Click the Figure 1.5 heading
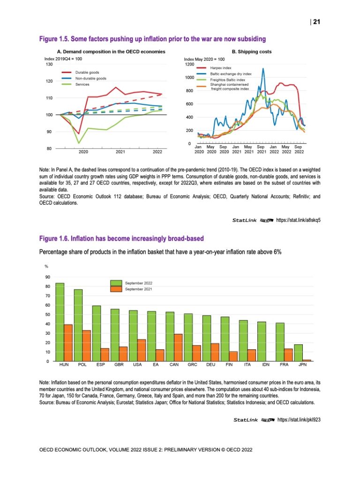click(152, 38)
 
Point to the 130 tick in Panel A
click(48, 64)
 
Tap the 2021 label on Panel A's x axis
click(120, 152)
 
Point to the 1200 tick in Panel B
click(190, 64)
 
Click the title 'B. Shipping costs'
click(252, 52)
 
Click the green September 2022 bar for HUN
click(60, 322)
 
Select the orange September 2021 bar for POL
click(87, 346)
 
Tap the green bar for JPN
click(298, 353)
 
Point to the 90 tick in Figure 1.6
click(48, 277)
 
